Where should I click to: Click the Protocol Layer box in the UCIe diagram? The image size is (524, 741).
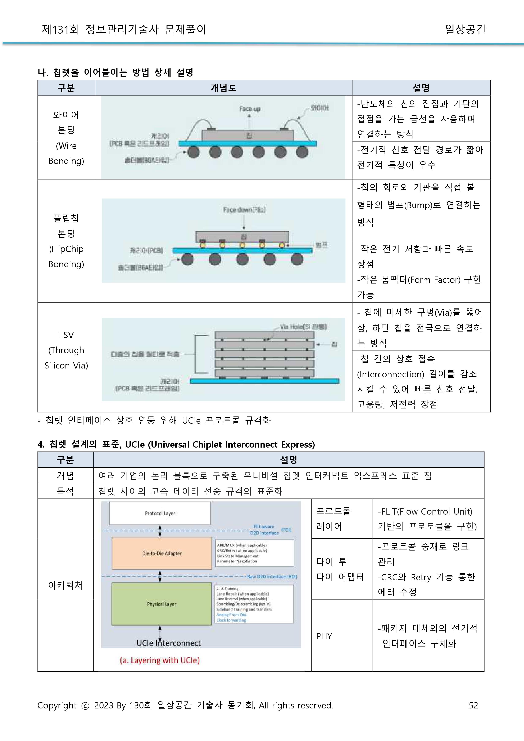tap(160, 513)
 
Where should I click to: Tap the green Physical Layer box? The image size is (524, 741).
tap(161, 604)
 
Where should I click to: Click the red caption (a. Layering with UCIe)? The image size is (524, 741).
tap(160, 660)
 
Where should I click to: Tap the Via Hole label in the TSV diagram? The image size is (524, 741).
tap(303, 327)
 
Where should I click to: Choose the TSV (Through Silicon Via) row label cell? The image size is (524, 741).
tap(66, 350)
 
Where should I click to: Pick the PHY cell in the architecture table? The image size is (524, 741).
tap(324, 636)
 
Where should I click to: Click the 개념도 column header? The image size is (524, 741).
tap(223, 88)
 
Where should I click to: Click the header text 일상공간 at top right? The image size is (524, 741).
tap(465, 29)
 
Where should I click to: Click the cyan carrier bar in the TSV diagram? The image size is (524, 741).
tap(264, 381)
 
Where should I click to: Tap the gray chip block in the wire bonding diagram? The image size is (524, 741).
tap(247, 135)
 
